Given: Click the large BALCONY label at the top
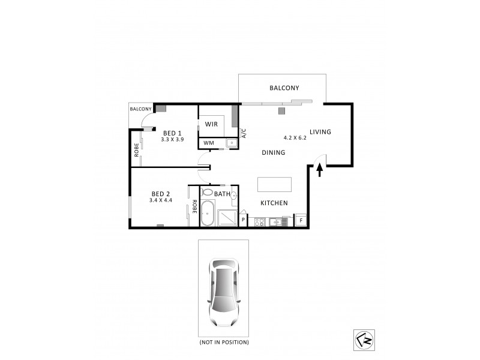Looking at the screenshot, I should click(284, 88).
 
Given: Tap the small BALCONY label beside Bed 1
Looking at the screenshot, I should click(141, 109).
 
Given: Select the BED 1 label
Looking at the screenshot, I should click(172, 133).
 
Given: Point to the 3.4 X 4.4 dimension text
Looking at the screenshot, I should click(160, 200).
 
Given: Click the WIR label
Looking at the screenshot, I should click(211, 124).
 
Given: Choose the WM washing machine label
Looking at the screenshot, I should click(208, 143).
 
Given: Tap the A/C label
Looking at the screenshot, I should click(244, 133).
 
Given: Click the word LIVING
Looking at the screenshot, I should click(320, 132).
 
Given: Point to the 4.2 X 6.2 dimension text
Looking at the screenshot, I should click(295, 137).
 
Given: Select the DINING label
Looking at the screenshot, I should click(273, 152).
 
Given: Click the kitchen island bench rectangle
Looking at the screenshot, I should click(275, 183).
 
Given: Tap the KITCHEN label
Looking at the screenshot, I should click(274, 203).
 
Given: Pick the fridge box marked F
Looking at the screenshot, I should click(301, 221).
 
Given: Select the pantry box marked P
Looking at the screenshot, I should click(243, 221).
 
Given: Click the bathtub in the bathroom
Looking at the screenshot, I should click(208, 214).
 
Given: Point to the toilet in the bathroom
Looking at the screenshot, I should click(207, 193).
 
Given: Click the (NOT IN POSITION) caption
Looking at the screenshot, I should click(224, 342).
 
